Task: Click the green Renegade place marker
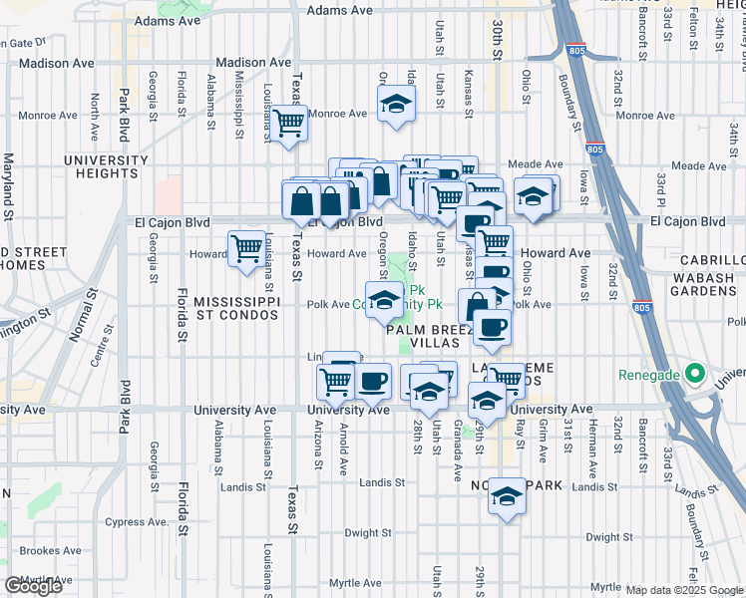tap(698, 376)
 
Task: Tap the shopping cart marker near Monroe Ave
tap(288, 125)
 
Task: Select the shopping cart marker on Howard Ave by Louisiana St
tap(246, 249)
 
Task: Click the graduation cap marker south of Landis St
tap(507, 496)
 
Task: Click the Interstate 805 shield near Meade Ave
tap(595, 149)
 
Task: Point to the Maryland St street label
tap(7, 185)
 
